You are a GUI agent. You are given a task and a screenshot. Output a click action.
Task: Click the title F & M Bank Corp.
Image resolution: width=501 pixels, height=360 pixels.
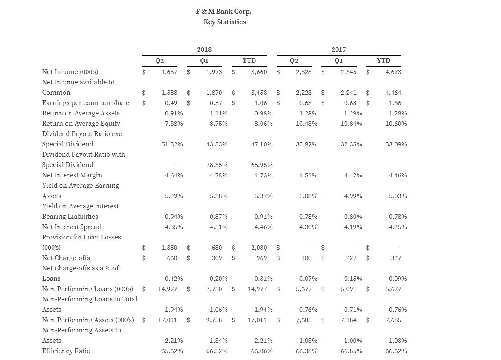pyautogui.click(x=224, y=12)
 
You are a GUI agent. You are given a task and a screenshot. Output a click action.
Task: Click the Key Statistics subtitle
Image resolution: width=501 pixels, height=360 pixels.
pyautogui.click(x=224, y=22)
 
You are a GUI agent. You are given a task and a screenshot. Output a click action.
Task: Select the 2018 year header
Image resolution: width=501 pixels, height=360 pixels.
pyautogui.click(x=204, y=50)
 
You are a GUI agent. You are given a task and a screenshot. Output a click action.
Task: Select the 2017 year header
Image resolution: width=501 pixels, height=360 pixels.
pyautogui.click(x=339, y=50)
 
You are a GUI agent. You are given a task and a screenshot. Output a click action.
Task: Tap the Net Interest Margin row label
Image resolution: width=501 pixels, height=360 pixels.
pyautogui.click(x=72, y=175)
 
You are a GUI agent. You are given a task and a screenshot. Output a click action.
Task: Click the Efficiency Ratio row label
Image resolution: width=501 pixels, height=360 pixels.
pyautogui.click(x=66, y=351)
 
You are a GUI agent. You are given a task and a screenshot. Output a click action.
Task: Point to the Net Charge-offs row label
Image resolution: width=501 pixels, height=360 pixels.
pyautogui.click(x=66, y=258)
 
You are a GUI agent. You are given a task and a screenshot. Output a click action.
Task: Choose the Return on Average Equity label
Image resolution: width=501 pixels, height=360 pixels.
pyautogui.click(x=81, y=123)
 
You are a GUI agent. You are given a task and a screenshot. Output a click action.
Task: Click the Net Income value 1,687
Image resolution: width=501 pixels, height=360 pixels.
pyautogui.click(x=169, y=72)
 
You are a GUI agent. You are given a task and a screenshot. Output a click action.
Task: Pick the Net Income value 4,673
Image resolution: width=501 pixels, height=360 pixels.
pyautogui.click(x=393, y=72)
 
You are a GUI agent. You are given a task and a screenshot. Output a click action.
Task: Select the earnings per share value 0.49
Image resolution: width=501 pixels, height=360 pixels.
pyautogui.click(x=171, y=103)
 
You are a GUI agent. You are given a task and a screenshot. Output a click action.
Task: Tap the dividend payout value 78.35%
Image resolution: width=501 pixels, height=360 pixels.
pyautogui.click(x=217, y=165)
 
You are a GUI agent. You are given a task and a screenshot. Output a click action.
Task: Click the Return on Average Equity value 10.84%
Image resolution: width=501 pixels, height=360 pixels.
pyautogui.click(x=351, y=124)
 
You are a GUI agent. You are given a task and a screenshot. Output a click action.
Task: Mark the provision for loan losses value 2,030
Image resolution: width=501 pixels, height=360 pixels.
pyautogui.click(x=259, y=248)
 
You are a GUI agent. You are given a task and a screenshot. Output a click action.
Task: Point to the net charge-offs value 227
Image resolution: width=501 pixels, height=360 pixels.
pyautogui.click(x=351, y=258)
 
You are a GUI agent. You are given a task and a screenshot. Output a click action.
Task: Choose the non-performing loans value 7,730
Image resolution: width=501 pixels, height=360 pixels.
pyautogui.click(x=214, y=289)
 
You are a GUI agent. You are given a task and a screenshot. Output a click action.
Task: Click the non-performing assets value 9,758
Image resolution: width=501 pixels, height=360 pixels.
pyautogui.click(x=214, y=320)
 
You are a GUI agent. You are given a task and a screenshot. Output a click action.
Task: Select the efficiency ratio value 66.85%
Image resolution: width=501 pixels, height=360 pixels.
pyautogui.click(x=351, y=351)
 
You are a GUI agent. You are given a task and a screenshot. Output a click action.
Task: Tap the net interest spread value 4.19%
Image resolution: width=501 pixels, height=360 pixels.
pyautogui.click(x=353, y=227)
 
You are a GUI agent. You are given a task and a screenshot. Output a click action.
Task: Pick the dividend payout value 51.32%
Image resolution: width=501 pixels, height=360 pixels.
pyautogui.click(x=172, y=144)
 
